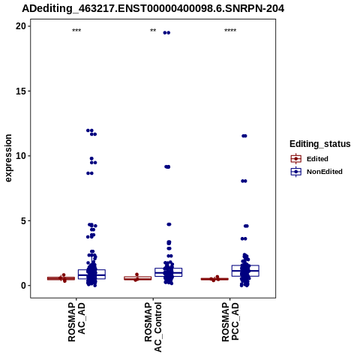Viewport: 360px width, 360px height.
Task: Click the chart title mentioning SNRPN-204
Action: [x=153, y=8]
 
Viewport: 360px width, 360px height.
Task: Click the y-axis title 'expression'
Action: [x=8, y=158]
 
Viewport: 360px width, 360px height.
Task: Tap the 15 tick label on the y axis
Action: [x=21, y=91]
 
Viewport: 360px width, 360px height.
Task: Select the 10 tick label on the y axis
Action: [x=21, y=156]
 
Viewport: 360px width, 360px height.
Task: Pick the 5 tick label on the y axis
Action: [x=23, y=220]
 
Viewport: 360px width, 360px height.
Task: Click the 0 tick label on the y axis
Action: [x=24, y=286]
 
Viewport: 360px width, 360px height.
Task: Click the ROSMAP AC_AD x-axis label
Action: [x=76, y=322]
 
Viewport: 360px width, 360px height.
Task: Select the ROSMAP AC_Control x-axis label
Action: [x=153, y=327]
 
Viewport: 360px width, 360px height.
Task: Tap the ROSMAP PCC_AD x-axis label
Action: [x=230, y=322]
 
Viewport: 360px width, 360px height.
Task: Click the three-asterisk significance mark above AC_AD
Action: [x=76, y=31]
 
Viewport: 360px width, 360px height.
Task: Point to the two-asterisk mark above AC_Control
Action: [x=153, y=31]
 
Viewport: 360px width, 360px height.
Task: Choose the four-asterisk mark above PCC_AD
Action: [x=230, y=31]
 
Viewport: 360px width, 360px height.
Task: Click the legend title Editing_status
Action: [x=320, y=144]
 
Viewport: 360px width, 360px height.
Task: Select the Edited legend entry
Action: [x=310, y=159]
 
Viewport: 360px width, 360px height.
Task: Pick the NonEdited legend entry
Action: [x=316, y=172]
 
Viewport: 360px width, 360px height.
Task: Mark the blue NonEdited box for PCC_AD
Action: [x=245, y=271]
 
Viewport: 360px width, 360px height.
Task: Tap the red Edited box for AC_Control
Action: [x=138, y=278]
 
